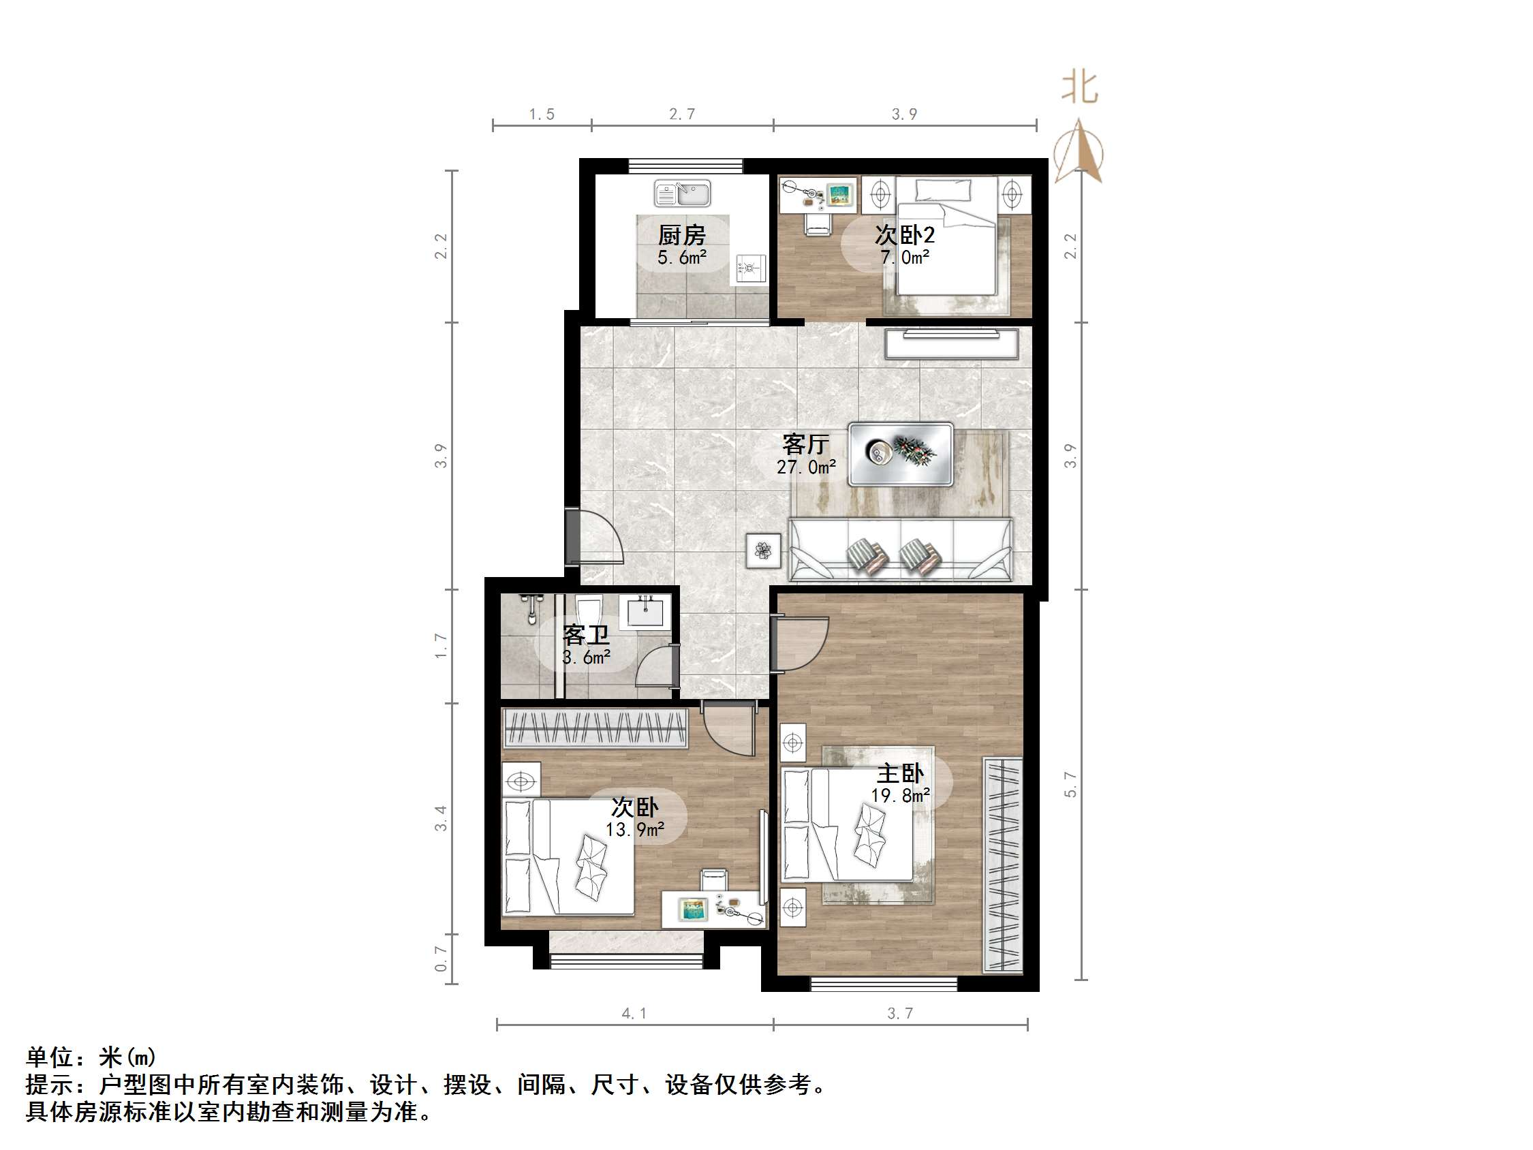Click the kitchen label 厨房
click(681, 236)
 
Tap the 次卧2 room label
click(904, 235)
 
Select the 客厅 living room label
click(805, 444)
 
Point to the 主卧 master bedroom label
click(899, 774)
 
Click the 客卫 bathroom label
click(586, 634)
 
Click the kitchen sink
click(683, 193)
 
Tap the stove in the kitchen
click(750, 269)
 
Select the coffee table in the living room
click(900, 454)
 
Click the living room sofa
click(900, 550)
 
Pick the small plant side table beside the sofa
click(763, 551)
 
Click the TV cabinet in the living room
click(951, 344)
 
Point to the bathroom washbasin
click(645, 611)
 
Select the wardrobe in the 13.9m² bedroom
click(595, 728)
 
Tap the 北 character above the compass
click(1080, 88)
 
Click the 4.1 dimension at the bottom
click(634, 1014)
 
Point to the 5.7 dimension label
click(1070, 784)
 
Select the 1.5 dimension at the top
click(541, 114)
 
